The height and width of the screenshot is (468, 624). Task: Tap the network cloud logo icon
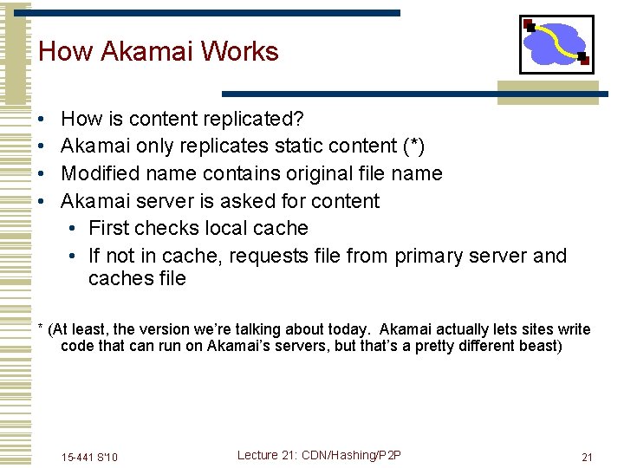pos(556,44)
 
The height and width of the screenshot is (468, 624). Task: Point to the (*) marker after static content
pos(410,146)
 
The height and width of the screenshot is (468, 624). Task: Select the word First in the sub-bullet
pos(109,228)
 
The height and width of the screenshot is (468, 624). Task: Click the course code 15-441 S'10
pos(90,457)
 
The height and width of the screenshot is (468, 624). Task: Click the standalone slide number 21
pos(587,457)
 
